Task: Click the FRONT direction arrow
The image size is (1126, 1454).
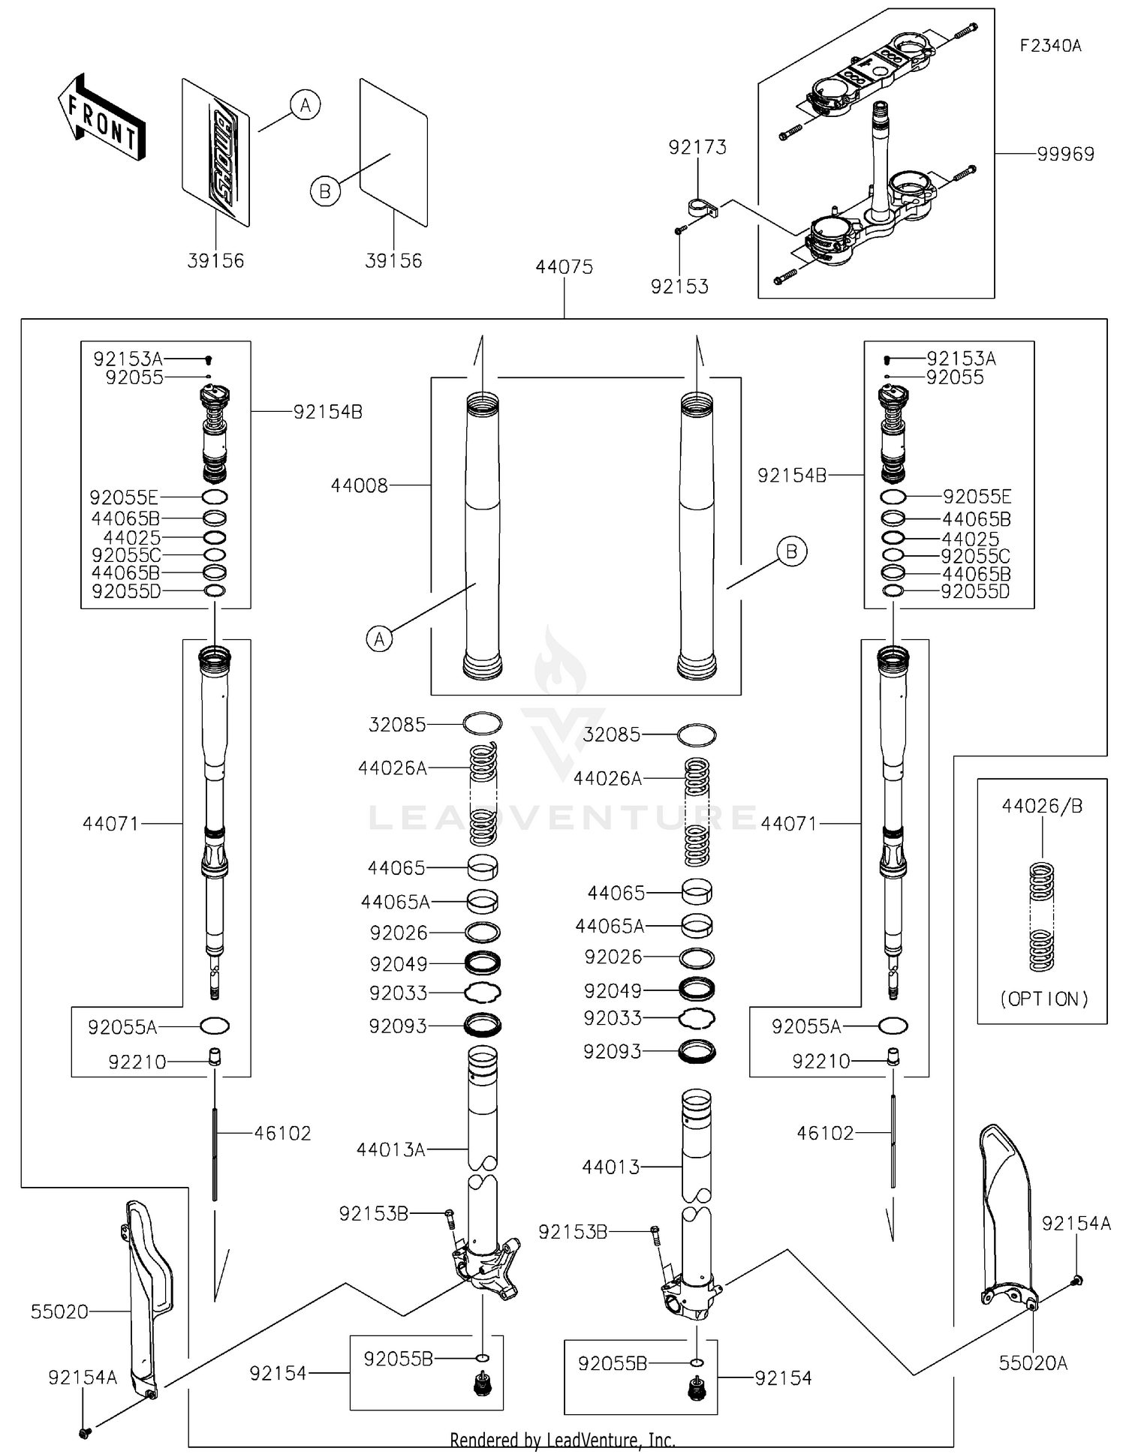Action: click(102, 118)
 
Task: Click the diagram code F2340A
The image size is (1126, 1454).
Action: click(1050, 46)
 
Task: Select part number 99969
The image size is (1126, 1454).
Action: click(1065, 154)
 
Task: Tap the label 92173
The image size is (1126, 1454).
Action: click(697, 147)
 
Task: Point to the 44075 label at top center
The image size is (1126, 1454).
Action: click(564, 267)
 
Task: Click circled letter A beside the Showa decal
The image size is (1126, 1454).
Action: click(305, 105)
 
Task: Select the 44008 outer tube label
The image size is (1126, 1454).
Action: click(360, 486)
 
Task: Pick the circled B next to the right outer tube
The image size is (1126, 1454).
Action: click(791, 552)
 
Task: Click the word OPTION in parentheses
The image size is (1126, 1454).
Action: click(1043, 999)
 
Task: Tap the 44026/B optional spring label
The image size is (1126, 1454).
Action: click(1042, 807)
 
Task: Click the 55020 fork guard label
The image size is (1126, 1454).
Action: click(59, 1311)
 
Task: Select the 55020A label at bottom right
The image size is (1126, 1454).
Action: click(1033, 1362)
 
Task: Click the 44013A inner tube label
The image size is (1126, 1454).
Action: click(390, 1149)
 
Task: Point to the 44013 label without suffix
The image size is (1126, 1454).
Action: click(611, 1167)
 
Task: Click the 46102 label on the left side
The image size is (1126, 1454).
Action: click(282, 1133)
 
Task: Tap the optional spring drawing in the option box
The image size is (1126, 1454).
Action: click(1041, 917)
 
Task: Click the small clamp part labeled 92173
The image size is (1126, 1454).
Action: click(702, 207)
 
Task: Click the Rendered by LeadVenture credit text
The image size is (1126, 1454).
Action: click(562, 1440)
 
